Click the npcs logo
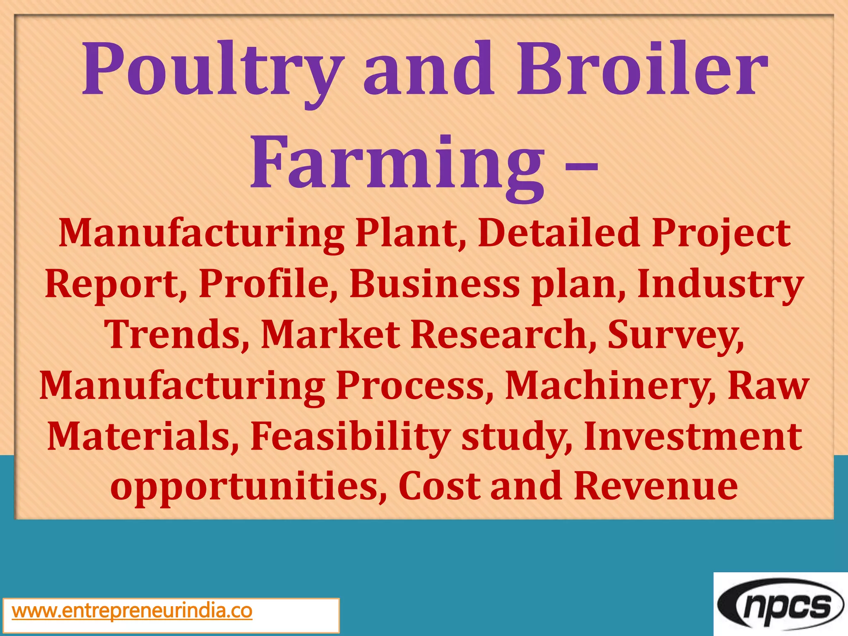pos(781,605)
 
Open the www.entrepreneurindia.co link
pos(132,611)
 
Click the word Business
pos(434,284)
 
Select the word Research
pos(503,335)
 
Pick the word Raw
pos(768,386)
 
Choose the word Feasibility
pos(350,437)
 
